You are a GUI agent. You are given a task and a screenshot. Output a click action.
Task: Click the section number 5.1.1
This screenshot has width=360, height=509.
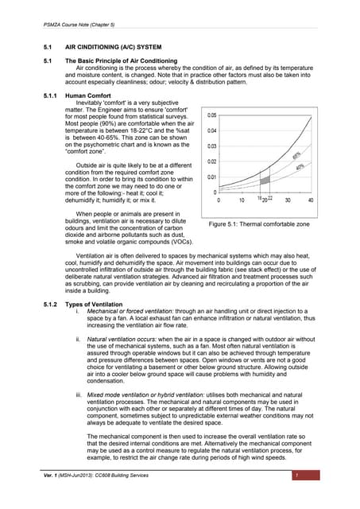pos(50,95)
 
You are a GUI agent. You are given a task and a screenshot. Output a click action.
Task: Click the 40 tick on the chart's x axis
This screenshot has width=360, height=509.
pos(310,200)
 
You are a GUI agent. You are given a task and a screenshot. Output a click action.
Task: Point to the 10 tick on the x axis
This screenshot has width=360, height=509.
pos(242,200)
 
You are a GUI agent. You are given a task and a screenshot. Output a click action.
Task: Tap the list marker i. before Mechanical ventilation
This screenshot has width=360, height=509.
pos(76,313)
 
